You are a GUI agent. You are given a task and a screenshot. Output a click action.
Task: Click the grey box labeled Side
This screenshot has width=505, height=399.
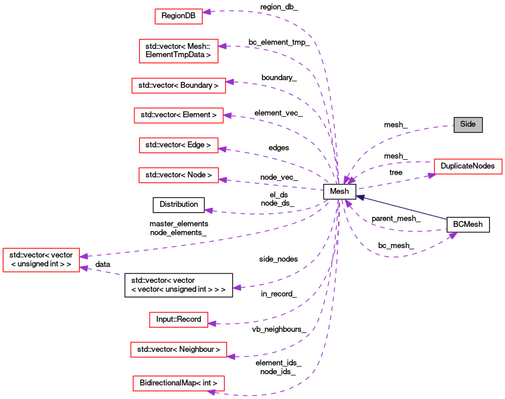468,124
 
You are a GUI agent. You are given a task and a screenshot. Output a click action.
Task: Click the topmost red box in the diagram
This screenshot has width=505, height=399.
178,17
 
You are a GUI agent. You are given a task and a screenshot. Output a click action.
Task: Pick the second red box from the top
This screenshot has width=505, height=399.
179,51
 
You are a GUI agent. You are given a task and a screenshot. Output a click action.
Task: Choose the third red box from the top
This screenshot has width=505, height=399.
179,85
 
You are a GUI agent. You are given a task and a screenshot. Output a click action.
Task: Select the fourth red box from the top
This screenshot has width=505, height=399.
179,116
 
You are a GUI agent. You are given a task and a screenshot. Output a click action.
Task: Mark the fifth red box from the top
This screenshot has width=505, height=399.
179,145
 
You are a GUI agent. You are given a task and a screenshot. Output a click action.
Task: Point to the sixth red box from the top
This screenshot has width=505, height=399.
179,175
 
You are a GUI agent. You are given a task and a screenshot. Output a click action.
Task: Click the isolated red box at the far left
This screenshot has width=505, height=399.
41,260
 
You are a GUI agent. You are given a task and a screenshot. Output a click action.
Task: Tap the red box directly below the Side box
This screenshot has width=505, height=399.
468,166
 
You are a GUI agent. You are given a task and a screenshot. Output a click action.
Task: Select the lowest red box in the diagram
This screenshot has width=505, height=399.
179,383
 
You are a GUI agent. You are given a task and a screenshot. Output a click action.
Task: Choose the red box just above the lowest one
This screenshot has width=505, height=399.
179,349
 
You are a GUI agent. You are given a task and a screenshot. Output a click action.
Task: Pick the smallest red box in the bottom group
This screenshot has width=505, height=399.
179,319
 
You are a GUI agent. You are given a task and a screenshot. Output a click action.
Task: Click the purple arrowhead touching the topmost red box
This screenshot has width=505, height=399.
206,12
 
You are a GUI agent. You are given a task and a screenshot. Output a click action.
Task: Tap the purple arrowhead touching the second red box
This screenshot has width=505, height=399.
222,46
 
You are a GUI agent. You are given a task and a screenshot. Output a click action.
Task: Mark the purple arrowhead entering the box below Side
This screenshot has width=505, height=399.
431,175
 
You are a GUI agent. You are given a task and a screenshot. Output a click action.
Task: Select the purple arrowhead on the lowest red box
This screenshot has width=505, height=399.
211,392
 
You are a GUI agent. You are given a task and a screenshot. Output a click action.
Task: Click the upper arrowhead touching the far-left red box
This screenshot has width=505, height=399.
84,256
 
